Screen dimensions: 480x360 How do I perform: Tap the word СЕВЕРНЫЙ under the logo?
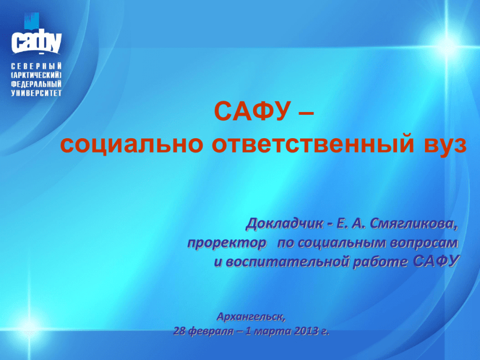click(37, 66)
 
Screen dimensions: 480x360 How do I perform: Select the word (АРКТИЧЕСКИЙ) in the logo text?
click(37, 75)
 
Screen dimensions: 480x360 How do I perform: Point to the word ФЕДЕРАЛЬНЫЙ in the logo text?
click(37, 84)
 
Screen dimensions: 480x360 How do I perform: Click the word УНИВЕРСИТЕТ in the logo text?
click(37, 93)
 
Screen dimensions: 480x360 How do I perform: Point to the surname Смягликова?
click(414, 225)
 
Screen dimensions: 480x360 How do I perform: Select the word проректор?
click(227, 243)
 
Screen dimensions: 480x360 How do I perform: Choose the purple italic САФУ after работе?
click(436, 261)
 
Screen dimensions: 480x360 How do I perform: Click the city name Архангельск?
click(251, 317)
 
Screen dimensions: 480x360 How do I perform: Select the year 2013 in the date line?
click(306, 331)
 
